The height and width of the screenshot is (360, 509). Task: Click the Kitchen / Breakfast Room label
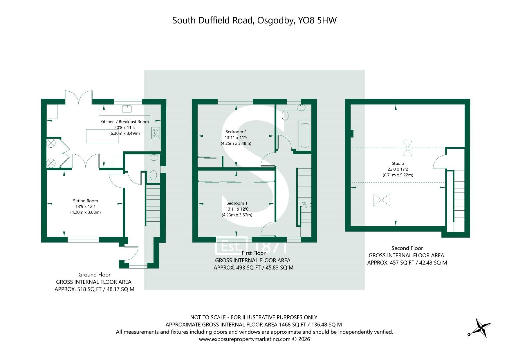click(x=125, y=122)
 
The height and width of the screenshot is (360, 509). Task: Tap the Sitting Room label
click(x=85, y=201)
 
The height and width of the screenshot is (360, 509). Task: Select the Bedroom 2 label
click(x=236, y=132)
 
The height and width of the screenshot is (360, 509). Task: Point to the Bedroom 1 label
click(x=237, y=203)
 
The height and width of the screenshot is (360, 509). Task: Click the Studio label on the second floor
click(x=398, y=163)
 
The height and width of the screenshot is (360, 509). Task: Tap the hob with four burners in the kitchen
click(x=156, y=133)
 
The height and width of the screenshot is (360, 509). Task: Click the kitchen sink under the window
click(x=127, y=109)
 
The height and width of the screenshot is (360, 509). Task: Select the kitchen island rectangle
click(x=102, y=136)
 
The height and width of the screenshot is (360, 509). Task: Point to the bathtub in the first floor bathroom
click(x=305, y=136)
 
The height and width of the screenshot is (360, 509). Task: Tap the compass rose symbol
click(x=481, y=328)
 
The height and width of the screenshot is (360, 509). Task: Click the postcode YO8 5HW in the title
click(x=317, y=20)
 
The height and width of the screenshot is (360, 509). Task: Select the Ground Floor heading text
click(x=95, y=275)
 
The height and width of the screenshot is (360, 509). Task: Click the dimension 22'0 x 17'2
click(x=398, y=169)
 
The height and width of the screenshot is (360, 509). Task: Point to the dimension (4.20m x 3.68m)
click(x=85, y=212)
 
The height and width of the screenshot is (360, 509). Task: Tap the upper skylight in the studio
click(x=407, y=148)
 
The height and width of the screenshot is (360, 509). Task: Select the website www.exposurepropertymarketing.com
click(x=245, y=339)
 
